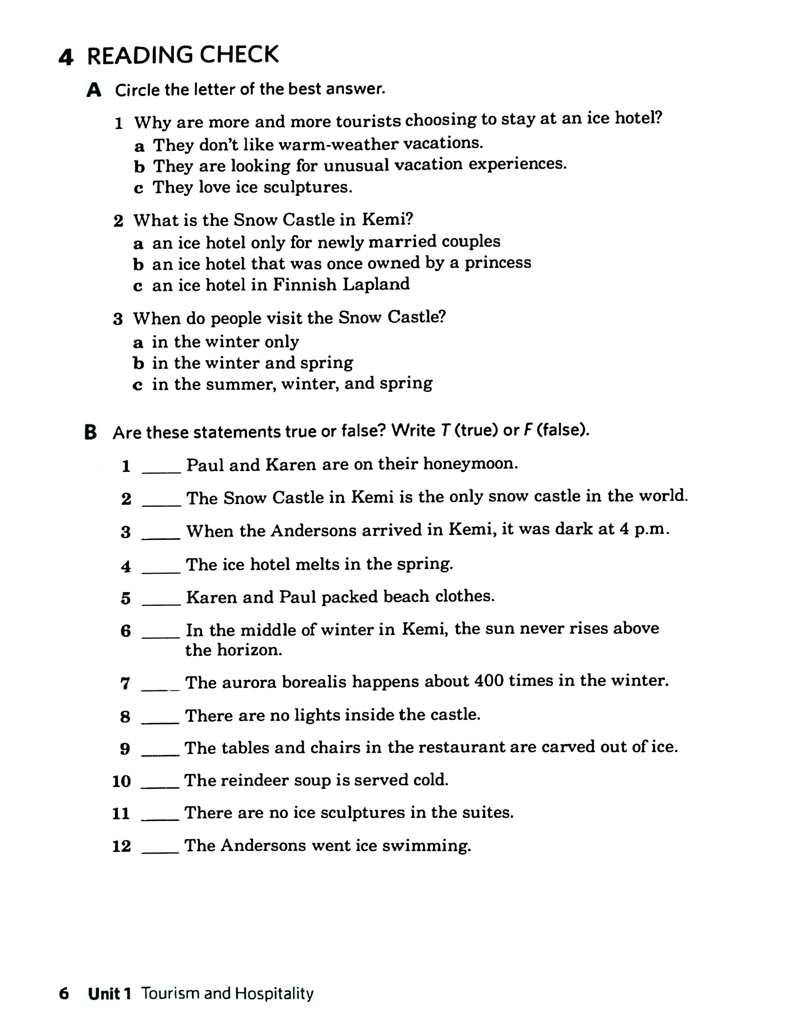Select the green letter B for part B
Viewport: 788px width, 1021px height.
click(91, 432)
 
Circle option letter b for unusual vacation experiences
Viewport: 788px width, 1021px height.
click(139, 166)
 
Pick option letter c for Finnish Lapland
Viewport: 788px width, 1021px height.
click(138, 286)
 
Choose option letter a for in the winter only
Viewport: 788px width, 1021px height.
click(138, 343)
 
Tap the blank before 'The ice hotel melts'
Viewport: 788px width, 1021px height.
click(161, 568)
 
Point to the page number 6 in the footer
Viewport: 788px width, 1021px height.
click(64, 993)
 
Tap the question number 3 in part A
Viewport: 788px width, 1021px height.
click(118, 319)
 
